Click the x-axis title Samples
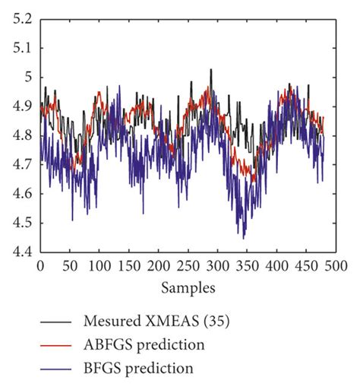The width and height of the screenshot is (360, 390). click(188, 288)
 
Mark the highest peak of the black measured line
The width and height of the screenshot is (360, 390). click(211, 69)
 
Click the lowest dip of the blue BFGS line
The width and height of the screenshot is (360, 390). click(244, 238)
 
